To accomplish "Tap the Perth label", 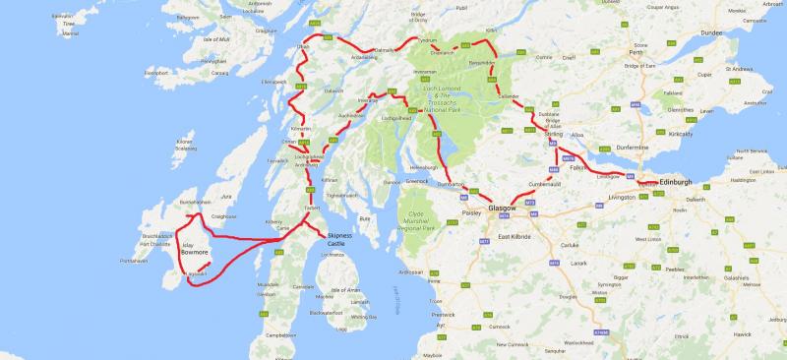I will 646,59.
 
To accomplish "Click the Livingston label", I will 624,197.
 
